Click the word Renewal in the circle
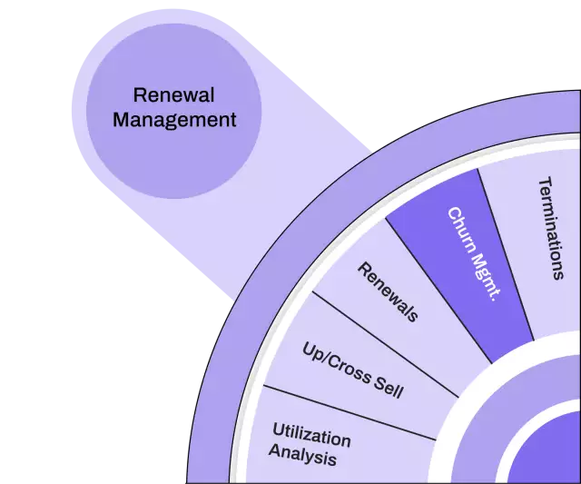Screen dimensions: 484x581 [x=173, y=94]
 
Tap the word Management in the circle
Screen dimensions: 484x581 [x=174, y=119]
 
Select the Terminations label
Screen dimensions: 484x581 [x=551, y=228]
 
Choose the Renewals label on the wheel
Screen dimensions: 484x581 [x=389, y=291]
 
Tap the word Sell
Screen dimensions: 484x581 [x=388, y=390]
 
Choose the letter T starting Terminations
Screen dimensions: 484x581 [x=544, y=183]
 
